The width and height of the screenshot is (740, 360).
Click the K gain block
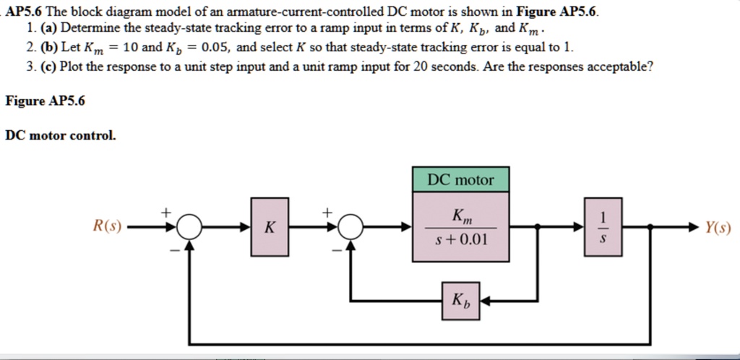point(269,227)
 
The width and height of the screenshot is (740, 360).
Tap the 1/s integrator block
point(604,227)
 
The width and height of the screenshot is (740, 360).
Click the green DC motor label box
point(461,180)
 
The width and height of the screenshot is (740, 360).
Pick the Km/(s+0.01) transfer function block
point(461,227)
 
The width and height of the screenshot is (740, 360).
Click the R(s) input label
point(107,227)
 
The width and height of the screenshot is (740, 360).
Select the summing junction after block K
point(350,227)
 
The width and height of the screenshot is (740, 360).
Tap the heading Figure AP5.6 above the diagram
point(45,101)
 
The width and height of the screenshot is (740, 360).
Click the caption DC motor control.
point(60,135)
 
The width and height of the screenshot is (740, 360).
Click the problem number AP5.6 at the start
point(25,12)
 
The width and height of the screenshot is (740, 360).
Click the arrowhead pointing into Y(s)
point(695,227)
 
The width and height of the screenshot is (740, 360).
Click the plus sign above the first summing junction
point(165,213)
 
